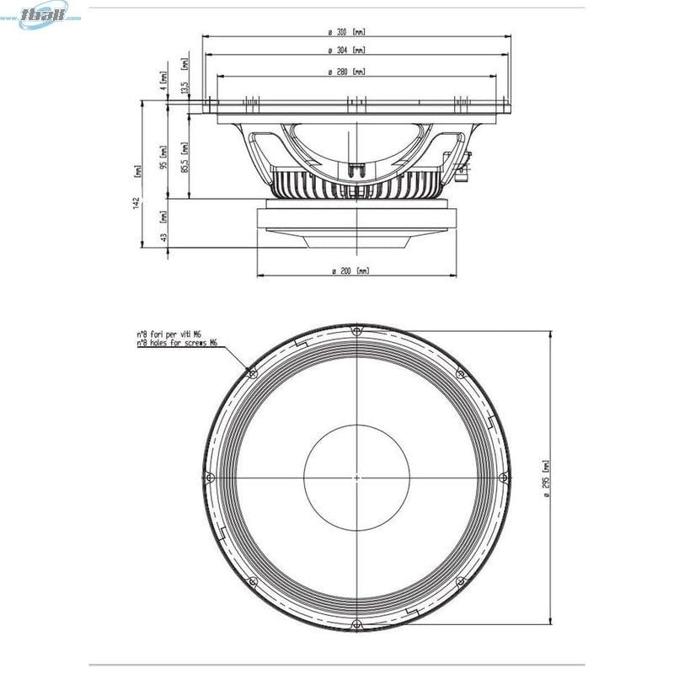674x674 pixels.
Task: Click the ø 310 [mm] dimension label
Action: coord(348,32)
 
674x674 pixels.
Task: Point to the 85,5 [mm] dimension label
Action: coord(185,157)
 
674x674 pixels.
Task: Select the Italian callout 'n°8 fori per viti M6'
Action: coord(174,334)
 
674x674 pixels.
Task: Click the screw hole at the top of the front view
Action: coord(356,331)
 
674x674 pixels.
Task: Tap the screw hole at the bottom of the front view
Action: coord(356,623)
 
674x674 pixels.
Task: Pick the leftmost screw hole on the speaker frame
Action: coord(211,478)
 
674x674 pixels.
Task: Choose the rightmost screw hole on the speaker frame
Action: coord(503,478)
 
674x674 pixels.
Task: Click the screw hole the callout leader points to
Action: coord(253,373)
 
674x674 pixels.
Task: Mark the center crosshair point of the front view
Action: coord(356,478)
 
